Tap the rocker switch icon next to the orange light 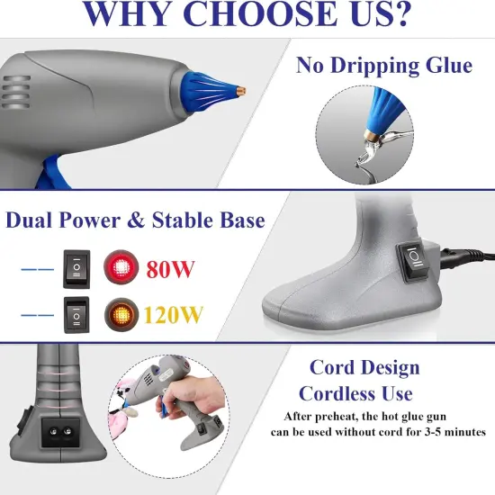[77, 316]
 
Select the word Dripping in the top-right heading [384, 66]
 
